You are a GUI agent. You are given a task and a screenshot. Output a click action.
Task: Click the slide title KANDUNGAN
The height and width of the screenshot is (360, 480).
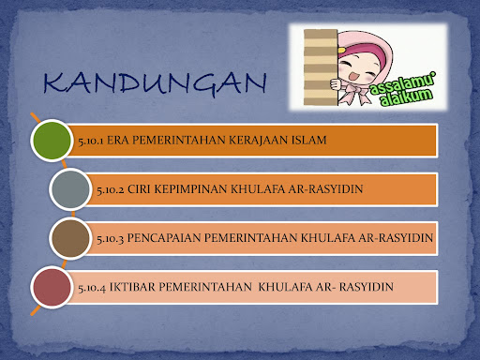click(155, 83)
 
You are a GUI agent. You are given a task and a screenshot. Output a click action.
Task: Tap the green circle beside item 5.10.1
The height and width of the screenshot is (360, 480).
click(52, 141)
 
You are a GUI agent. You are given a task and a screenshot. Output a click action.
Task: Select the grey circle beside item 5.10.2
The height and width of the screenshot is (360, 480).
click(70, 189)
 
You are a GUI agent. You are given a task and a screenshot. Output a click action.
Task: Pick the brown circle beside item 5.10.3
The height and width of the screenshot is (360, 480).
click(70, 238)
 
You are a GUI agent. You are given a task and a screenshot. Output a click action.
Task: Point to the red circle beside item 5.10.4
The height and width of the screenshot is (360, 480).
click(52, 287)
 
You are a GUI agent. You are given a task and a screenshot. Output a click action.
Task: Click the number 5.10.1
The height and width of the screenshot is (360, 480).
click(91, 141)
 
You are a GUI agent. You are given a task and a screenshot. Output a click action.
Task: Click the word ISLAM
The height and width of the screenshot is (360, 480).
click(308, 140)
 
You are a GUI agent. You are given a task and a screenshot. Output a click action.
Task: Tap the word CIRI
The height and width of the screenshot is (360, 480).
click(139, 189)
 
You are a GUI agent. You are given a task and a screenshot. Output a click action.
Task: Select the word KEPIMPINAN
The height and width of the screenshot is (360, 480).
click(190, 189)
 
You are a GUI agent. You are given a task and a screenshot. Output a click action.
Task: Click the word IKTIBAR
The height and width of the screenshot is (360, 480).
click(132, 287)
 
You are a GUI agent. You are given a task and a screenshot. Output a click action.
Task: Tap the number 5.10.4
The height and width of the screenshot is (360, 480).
click(92, 288)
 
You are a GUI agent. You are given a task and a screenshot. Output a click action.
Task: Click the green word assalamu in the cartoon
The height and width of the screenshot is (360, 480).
click(402, 83)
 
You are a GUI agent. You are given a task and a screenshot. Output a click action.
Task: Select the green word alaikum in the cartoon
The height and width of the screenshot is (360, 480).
click(406, 97)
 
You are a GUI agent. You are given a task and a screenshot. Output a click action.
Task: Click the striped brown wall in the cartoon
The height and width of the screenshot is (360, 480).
click(321, 67)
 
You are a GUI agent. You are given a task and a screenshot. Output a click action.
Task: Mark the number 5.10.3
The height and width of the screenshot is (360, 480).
click(110, 239)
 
